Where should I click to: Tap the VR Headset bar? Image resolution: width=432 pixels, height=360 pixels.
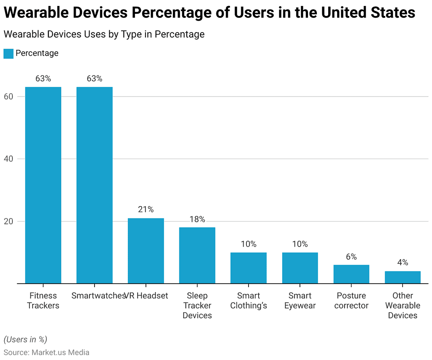click(x=146, y=251)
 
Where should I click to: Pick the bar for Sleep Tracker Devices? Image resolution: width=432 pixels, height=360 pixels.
click(x=197, y=255)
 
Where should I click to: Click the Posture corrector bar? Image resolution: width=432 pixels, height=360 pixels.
click(x=351, y=274)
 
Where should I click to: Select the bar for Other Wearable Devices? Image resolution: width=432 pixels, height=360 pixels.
click(x=403, y=277)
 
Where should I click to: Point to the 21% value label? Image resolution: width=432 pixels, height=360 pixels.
click(x=146, y=210)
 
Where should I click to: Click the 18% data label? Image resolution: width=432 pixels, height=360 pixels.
click(x=197, y=219)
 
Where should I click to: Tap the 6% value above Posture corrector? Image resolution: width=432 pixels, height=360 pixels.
click(x=351, y=257)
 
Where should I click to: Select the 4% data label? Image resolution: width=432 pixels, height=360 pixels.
click(x=403, y=263)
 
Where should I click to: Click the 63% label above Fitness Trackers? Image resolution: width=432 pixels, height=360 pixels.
click(x=43, y=78)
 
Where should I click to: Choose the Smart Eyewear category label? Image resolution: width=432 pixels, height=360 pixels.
click(x=300, y=301)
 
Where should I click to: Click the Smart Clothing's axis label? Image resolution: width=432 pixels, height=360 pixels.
click(x=248, y=301)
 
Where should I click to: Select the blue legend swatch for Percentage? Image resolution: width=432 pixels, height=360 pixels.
click(x=8, y=54)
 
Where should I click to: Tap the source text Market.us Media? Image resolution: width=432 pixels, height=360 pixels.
click(x=60, y=352)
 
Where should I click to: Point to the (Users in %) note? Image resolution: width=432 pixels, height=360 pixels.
click(x=25, y=339)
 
